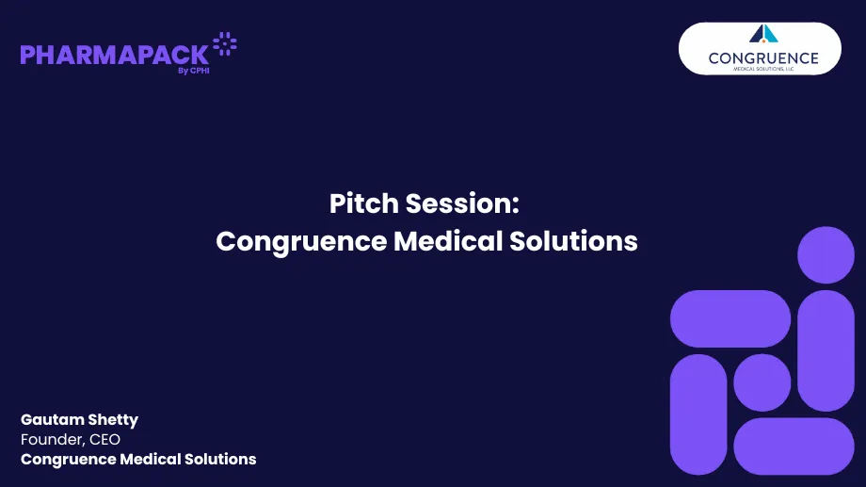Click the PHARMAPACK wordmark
tap(113, 55)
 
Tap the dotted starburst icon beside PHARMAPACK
tap(225, 43)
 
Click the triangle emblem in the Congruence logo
tap(763, 34)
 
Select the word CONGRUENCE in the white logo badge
tap(763, 57)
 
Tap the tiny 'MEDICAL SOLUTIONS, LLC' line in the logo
tap(763, 69)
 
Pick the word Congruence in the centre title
tap(301, 241)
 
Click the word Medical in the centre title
tap(448, 241)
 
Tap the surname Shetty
tap(114, 420)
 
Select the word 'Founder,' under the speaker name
tap(53, 440)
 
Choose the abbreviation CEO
tap(105, 440)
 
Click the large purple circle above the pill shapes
tap(826, 255)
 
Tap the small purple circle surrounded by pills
tap(762, 382)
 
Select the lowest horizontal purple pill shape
tap(794, 446)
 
